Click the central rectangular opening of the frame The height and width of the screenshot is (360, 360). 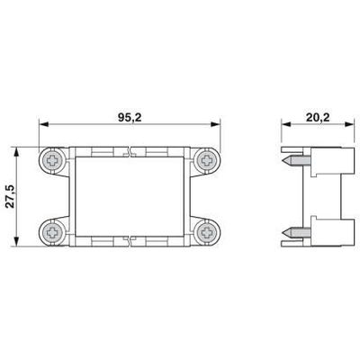[x=132, y=196]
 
